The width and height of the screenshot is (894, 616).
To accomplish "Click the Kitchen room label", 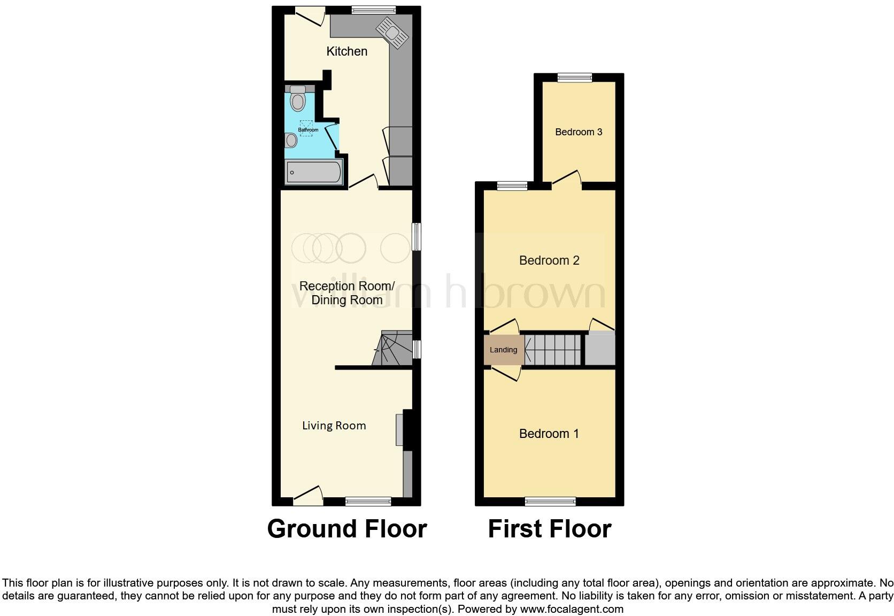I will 346,51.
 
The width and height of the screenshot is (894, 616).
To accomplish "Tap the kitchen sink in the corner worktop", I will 392,33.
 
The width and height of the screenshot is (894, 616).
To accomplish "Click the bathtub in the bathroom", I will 314,172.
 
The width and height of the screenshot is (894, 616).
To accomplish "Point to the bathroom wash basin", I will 291,140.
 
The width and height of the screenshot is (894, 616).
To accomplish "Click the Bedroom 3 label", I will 579,132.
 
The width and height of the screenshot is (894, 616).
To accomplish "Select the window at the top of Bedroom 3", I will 575,78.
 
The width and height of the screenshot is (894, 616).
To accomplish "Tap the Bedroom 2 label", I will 549,260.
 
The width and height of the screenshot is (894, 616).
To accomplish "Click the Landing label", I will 503,350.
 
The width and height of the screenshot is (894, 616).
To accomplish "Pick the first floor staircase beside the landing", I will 552,350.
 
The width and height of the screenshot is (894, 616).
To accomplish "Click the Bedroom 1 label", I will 549,434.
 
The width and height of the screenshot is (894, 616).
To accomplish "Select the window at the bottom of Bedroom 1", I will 550,502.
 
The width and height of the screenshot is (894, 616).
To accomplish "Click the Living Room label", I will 334,426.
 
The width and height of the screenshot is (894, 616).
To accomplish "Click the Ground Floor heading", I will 346,529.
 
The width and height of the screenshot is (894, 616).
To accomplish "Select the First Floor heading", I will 549,529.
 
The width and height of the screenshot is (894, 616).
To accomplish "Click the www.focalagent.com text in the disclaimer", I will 571,609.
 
